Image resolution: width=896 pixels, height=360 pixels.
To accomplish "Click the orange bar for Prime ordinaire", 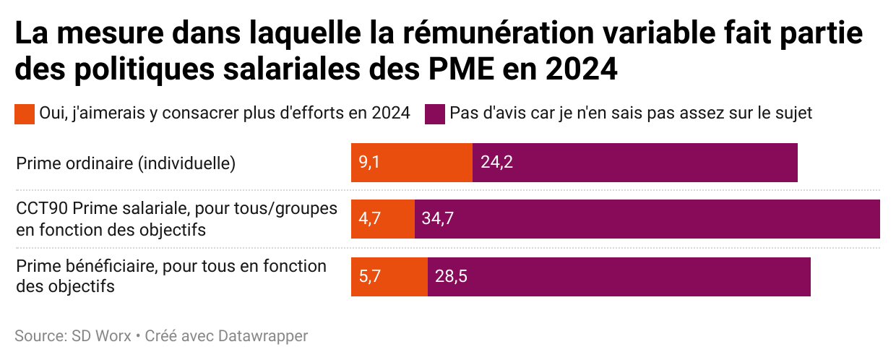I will click(x=412, y=163).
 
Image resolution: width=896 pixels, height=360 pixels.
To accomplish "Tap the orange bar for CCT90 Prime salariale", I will click(x=383, y=219).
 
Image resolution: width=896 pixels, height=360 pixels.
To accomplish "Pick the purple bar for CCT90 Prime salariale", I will click(x=647, y=219).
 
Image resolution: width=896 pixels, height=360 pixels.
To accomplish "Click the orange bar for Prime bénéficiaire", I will click(x=389, y=276).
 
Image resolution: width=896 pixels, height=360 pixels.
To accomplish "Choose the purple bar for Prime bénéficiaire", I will click(x=619, y=276).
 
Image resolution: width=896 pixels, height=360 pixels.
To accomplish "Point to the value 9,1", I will click(x=369, y=163).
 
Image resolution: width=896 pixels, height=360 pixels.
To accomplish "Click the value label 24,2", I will click(x=496, y=163).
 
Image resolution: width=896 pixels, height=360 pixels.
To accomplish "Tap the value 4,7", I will click(x=369, y=219).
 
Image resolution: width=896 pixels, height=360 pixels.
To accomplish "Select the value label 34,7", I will click(x=438, y=219).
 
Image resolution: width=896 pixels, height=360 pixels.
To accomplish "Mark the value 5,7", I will click(x=369, y=276).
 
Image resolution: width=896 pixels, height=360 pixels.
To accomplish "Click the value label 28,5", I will click(x=451, y=276).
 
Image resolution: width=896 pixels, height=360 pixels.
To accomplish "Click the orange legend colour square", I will click(x=25, y=113).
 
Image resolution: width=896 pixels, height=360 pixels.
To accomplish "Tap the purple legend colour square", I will click(x=434, y=113).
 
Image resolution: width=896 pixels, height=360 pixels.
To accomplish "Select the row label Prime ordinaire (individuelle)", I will click(x=126, y=163).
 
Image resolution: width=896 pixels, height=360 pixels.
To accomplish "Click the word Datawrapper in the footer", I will click(x=263, y=336).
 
